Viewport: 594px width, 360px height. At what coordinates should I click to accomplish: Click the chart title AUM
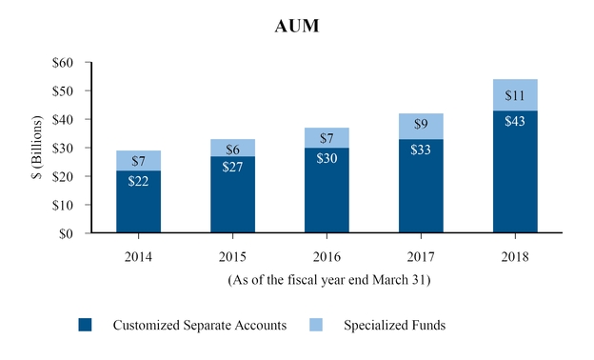click(297, 27)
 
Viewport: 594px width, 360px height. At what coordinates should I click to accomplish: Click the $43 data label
click(515, 124)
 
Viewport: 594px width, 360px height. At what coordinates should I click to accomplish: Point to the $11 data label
click(515, 95)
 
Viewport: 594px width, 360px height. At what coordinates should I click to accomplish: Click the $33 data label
click(421, 150)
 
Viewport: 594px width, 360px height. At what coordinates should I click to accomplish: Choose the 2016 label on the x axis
click(327, 256)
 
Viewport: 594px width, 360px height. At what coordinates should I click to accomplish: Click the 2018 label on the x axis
click(515, 256)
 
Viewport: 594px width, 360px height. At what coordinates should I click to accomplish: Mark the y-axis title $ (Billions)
click(38, 148)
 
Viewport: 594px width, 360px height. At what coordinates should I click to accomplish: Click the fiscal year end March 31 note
click(327, 280)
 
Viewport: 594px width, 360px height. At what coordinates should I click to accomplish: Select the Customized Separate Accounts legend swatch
click(85, 325)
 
